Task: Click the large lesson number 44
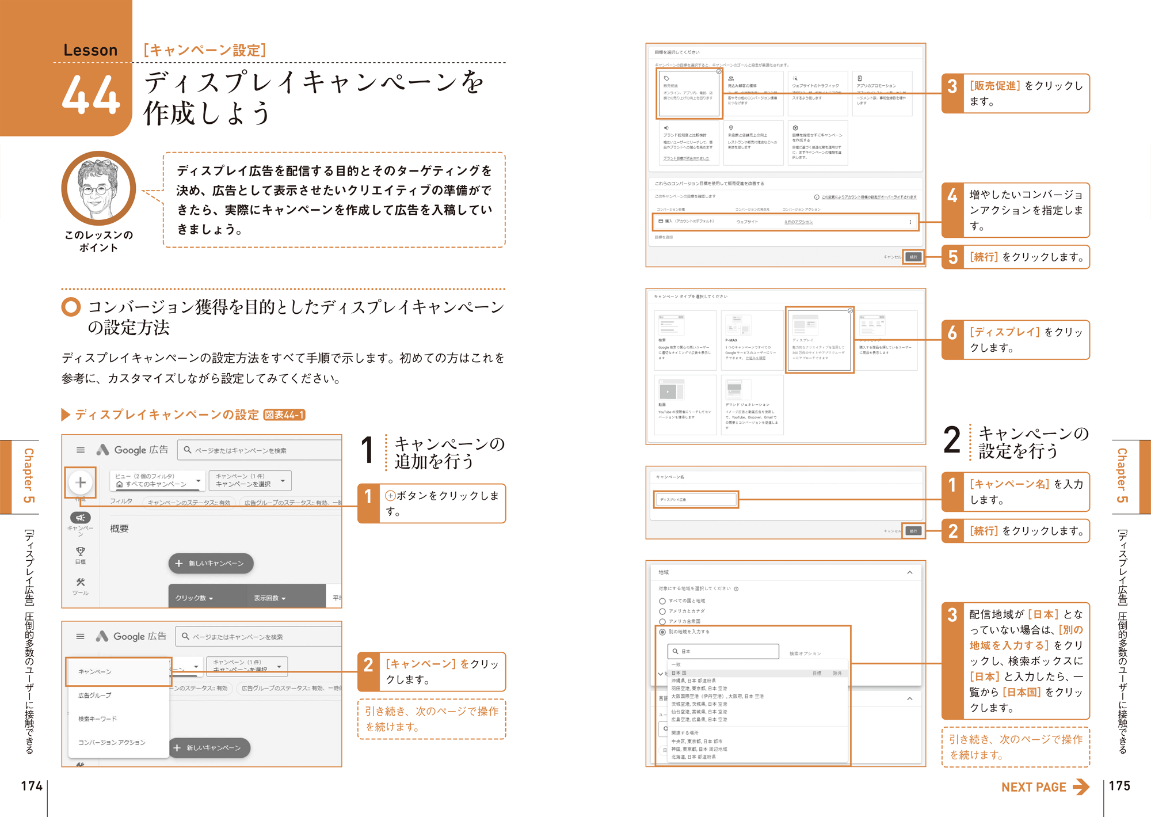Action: [91, 95]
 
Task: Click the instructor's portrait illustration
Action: [98, 188]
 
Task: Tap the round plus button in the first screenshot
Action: [81, 482]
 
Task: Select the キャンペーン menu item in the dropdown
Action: [118, 671]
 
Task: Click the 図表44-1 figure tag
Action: [284, 415]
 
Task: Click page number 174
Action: [32, 786]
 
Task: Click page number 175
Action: [1119, 786]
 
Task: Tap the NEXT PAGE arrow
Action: [1081, 786]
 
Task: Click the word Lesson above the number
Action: [90, 51]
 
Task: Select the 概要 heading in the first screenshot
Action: [119, 529]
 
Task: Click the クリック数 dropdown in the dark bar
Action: [195, 598]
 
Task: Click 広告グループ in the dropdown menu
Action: [95, 696]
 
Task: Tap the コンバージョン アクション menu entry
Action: [112, 743]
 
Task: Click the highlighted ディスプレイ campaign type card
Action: [819, 340]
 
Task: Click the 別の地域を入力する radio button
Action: [662, 632]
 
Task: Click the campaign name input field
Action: [696, 499]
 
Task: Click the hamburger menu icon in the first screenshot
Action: [81, 450]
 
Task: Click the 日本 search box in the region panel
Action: [723, 651]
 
